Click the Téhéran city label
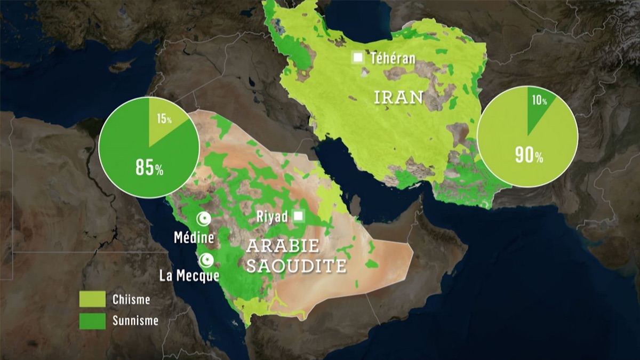[394, 58]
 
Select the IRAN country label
[398, 97]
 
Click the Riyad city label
[272, 217]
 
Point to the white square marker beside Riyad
[299, 216]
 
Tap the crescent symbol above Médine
[203, 219]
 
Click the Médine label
[194, 238]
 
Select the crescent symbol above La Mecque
[206, 260]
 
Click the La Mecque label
[189, 276]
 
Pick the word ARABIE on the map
[282, 246]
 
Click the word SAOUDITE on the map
[296, 265]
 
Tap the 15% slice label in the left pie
[164, 119]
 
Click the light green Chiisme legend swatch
[92, 299]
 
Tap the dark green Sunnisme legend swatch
[92, 321]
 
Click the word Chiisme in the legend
[131, 299]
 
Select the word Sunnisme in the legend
[135, 321]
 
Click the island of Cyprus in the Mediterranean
[122, 66]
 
